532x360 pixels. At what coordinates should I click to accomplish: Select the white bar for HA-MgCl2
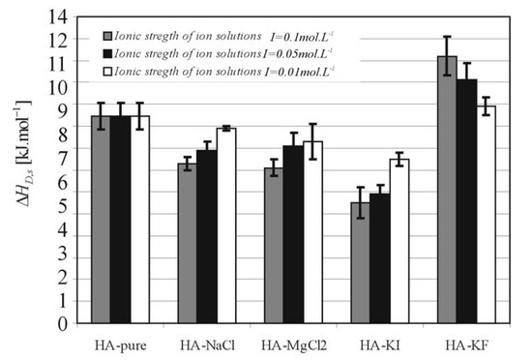312,232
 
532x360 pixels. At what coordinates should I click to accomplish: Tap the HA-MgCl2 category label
293,345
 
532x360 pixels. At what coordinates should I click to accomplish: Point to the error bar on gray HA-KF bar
447,55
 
